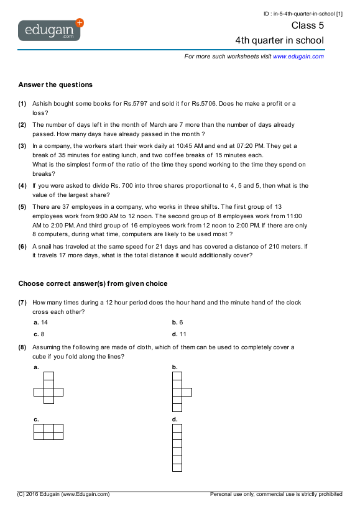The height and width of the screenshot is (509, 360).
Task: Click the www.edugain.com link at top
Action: [x=298, y=57]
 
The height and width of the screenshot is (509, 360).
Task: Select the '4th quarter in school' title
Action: [x=279, y=40]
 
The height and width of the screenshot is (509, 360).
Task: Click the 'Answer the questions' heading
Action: [x=55, y=85]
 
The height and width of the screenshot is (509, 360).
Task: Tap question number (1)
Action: [x=22, y=103]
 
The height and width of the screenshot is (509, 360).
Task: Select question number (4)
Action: [x=22, y=186]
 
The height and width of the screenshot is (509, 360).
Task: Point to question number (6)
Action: [x=22, y=246]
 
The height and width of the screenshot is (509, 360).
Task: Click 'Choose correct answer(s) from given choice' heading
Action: [x=93, y=284]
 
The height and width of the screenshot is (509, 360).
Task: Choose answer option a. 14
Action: [x=40, y=323]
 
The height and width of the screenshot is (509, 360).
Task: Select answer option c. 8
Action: [x=39, y=334]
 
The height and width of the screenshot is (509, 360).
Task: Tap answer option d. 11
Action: [x=178, y=334]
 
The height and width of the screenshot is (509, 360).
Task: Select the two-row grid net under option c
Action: [x=48, y=431]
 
